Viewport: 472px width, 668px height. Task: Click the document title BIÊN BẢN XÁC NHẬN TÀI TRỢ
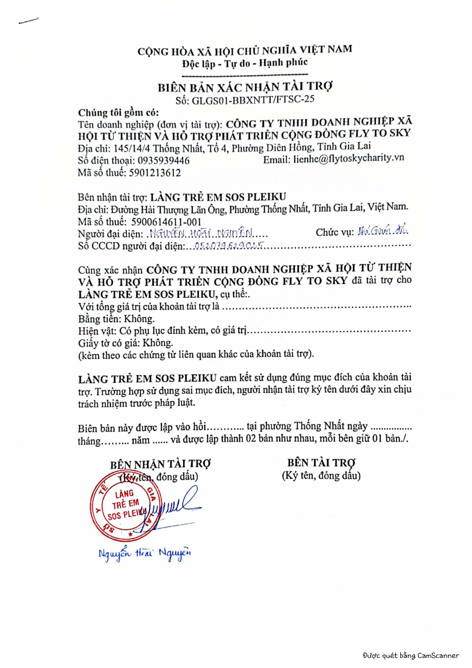(245, 87)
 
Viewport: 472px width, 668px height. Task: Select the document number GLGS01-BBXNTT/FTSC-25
(253, 100)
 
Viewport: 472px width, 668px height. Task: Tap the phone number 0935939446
(163, 161)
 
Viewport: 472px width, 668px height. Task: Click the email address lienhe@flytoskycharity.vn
(348, 158)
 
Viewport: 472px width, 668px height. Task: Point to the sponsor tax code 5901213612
(155, 173)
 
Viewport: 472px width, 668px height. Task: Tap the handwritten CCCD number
(229, 245)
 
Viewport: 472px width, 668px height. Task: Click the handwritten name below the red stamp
(145, 553)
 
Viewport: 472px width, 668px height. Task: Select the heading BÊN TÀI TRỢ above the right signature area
(321, 462)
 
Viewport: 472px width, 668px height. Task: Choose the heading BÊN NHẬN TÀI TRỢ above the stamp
(160, 464)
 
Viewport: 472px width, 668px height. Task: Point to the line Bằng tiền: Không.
(116, 319)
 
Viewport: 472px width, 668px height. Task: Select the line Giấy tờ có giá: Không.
(125, 343)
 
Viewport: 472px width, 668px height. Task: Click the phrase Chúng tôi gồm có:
(118, 113)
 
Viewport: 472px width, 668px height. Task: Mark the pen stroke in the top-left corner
(28, 21)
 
